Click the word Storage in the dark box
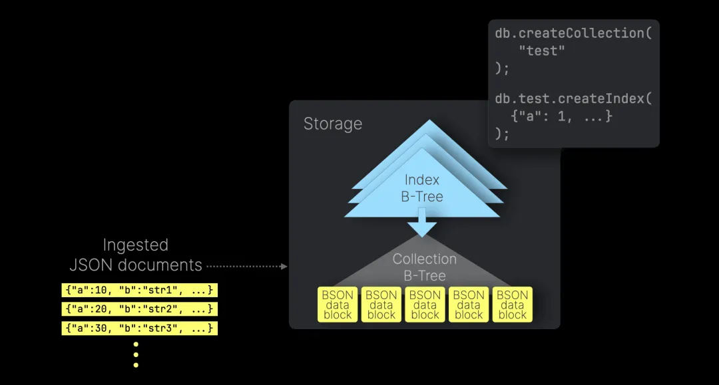pos(333,124)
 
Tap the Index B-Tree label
pos(422,188)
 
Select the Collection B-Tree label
pos(425,267)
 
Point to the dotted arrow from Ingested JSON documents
pos(246,266)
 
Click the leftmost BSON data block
pos(338,305)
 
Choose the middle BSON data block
pos(425,305)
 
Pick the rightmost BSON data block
pos(512,305)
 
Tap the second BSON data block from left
pos(381,305)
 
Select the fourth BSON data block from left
pos(469,305)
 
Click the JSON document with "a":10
pos(140,290)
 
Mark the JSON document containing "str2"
pos(140,309)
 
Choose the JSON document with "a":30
pos(140,328)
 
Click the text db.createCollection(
pos(573,33)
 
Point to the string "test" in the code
pos(541,51)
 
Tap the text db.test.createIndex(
pos(573,98)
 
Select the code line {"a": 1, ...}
pos(561,116)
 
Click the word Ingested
pos(136,245)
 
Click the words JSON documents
pos(136,265)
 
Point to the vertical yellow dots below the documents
pos(136,354)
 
